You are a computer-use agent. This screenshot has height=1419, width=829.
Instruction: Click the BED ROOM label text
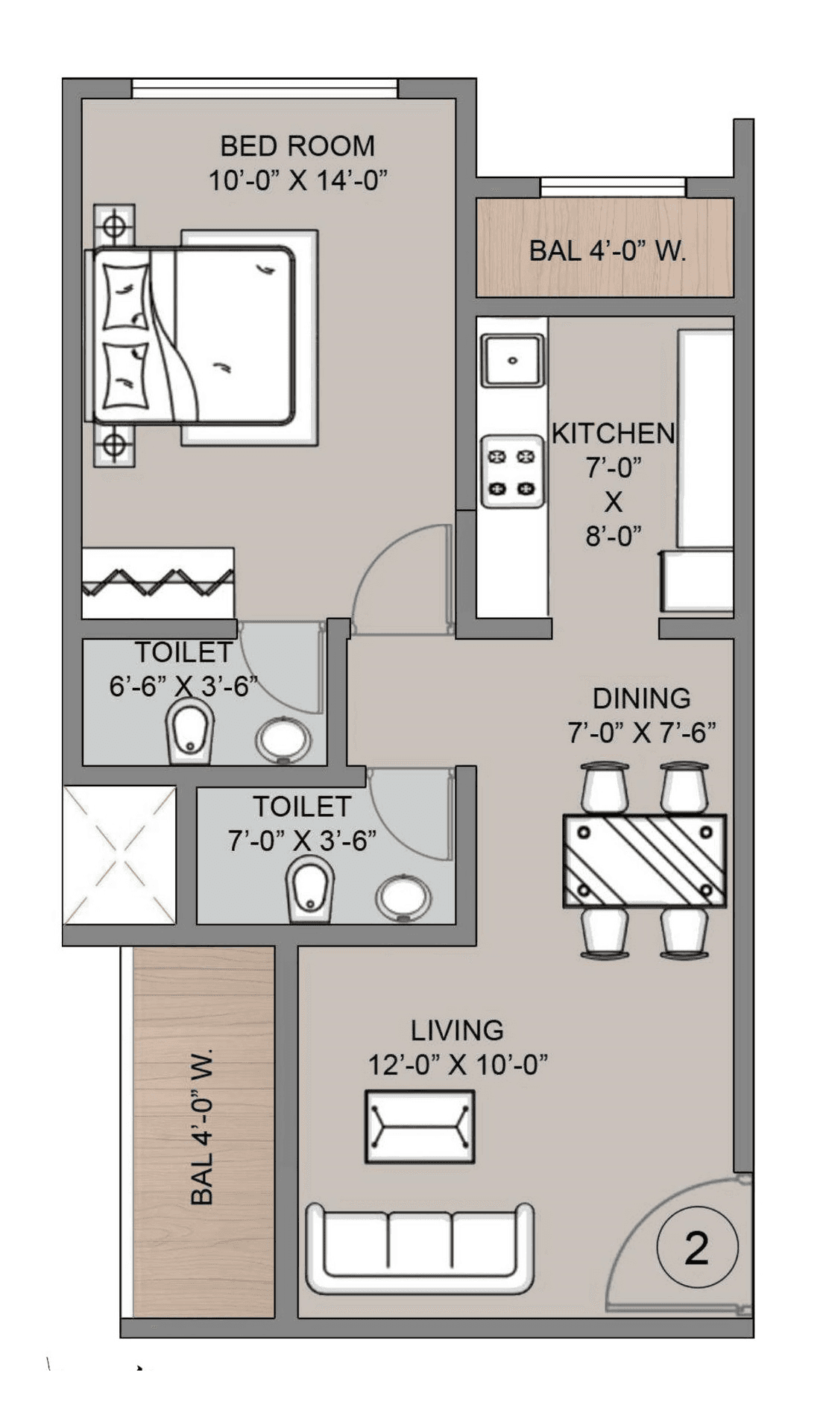point(297,146)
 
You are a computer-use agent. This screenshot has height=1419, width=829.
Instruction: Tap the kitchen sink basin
point(512,361)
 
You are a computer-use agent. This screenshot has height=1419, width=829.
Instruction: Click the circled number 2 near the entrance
point(697,1248)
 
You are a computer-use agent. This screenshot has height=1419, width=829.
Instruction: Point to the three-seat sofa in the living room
point(420,1249)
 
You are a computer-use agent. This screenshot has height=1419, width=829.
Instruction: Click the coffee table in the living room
point(420,1127)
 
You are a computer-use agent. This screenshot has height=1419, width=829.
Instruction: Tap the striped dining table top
point(644,861)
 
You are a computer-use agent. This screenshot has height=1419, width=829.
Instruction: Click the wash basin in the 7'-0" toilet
point(403,898)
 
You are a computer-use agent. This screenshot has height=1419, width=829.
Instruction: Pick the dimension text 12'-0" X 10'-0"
point(458,1064)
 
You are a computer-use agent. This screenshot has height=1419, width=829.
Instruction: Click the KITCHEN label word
point(613,434)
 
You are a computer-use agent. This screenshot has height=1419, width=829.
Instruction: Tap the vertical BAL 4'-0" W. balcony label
point(203,1127)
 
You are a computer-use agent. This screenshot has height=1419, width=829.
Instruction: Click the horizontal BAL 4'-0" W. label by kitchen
point(607,251)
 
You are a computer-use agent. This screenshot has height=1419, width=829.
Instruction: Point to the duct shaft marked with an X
point(120,855)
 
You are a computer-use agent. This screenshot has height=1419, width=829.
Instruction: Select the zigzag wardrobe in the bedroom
point(157,583)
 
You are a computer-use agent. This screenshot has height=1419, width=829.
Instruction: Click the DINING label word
point(641,699)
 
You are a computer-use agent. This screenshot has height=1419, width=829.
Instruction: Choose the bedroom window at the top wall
point(265,89)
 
